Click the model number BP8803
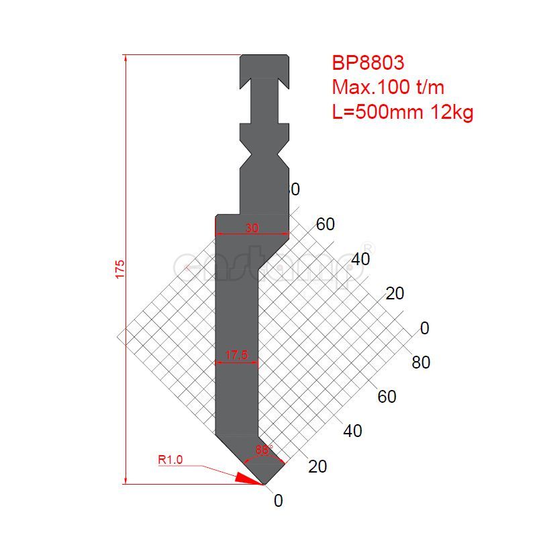pyautogui.click(x=368, y=63)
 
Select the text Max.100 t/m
pyautogui.click(x=388, y=87)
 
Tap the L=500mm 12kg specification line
pyautogui.click(x=403, y=112)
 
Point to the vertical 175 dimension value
pyautogui.click(x=120, y=268)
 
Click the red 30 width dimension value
pyautogui.click(x=252, y=228)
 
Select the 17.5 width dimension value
pyautogui.click(x=238, y=355)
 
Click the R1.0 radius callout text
pyautogui.click(x=170, y=460)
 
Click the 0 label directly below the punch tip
pyautogui.click(x=279, y=501)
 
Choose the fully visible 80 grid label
pyautogui.click(x=421, y=362)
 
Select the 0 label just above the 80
pyautogui.click(x=424, y=328)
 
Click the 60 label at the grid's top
pyautogui.click(x=326, y=225)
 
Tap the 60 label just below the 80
pyautogui.click(x=387, y=397)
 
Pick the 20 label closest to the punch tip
pyautogui.click(x=318, y=466)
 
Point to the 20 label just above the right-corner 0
pyautogui.click(x=395, y=293)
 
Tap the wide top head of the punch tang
pyautogui.click(x=264, y=65)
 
